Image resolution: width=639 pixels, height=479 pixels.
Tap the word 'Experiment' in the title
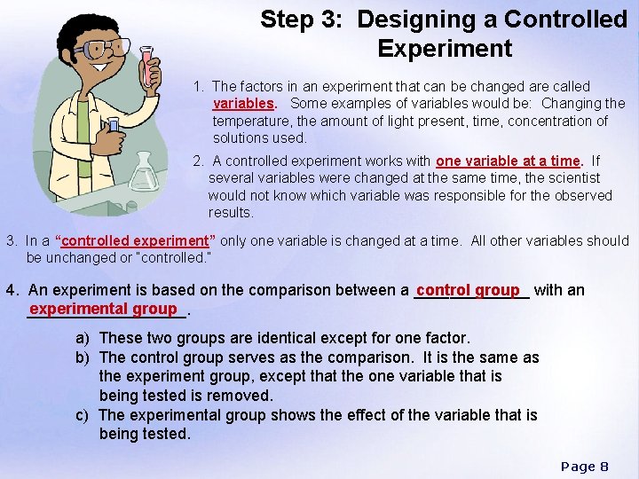click(x=445, y=48)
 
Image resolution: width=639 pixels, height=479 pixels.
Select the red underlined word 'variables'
click(x=242, y=104)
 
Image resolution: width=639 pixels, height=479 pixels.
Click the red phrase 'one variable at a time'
click(x=507, y=161)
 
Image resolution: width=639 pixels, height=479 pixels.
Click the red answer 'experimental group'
click(x=103, y=309)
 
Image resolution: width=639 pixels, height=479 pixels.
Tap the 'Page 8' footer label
click(x=585, y=466)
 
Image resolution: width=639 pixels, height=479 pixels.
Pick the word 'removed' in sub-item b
click(x=242, y=396)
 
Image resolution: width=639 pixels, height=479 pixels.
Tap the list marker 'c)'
click(x=83, y=415)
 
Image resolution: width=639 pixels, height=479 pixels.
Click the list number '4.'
click(x=12, y=290)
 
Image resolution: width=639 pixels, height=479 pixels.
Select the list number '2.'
click(x=201, y=161)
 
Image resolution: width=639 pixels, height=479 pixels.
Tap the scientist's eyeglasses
click(x=99, y=48)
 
